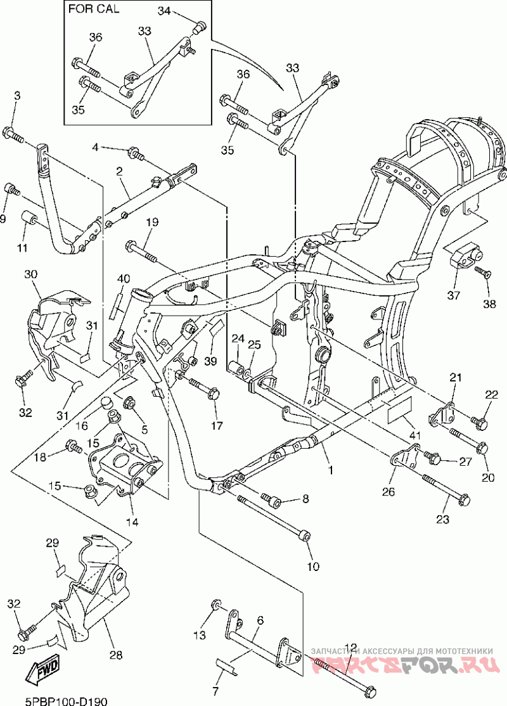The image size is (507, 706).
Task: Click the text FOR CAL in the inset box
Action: (x=94, y=9)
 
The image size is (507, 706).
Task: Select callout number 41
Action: (x=414, y=435)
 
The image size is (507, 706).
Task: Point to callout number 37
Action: (x=453, y=295)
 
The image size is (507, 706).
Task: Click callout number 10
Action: (x=313, y=566)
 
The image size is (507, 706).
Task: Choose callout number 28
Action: (x=116, y=655)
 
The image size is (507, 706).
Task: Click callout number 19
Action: (x=152, y=222)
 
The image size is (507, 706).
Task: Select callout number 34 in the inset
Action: (x=164, y=11)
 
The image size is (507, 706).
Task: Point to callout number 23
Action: (x=442, y=519)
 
